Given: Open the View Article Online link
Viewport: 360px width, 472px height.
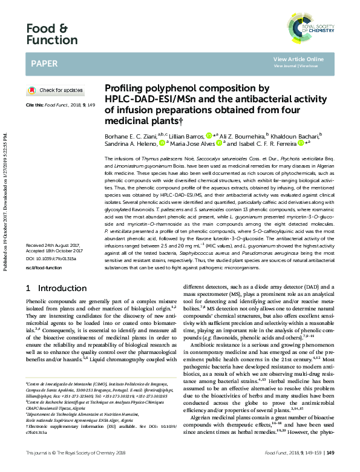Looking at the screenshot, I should (298, 59).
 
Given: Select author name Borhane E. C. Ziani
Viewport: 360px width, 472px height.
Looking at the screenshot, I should (129, 137).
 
